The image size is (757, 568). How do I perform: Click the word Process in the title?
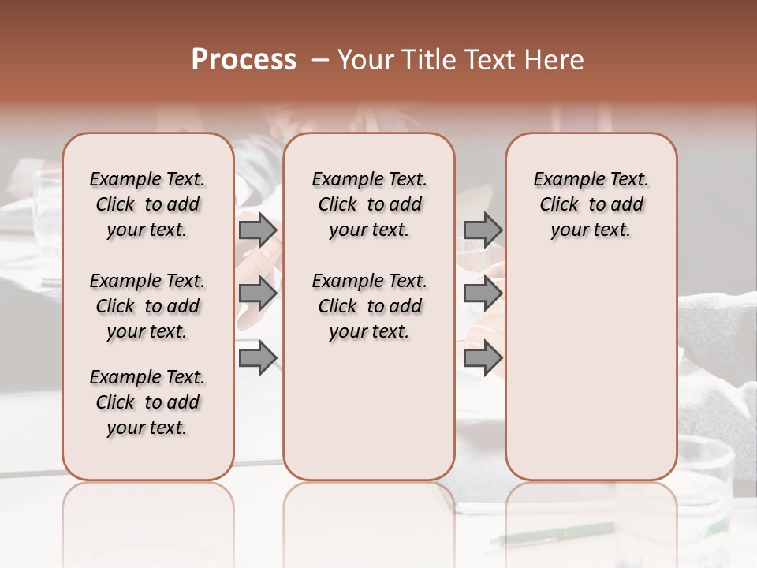click(x=244, y=60)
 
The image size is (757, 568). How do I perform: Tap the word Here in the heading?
click(x=554, y=60)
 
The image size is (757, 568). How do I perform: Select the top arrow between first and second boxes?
click(x=258, y=230)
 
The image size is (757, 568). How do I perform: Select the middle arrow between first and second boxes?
click(x=258, y=293)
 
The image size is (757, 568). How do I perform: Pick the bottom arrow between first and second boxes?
click(x=258, y=358)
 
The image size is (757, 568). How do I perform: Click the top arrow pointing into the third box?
click(x=483, y=230)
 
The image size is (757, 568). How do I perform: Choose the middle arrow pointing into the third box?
click(x=483, y=293)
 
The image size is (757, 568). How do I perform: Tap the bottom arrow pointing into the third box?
click(x=483, y=358)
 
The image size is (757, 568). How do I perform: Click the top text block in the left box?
click(x=147, y=204)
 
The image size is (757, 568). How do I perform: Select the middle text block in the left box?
click(x=147, y=306)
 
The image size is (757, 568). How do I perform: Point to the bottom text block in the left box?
click(x=147, y=402)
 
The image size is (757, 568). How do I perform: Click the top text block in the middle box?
click(x=369, y=204)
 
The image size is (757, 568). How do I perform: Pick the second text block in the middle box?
click(x=369, y=306)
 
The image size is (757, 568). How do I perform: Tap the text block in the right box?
click(x=591, y=204)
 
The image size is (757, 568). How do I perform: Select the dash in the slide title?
click(x=320, y=60)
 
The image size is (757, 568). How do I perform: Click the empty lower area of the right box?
click(x=591, y=371)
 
